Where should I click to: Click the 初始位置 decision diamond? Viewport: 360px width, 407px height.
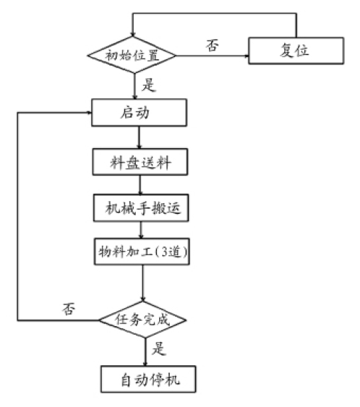click(134, 55)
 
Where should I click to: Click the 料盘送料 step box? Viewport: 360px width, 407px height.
click(140, 162)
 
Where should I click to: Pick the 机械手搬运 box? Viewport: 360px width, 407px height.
click(141, 208)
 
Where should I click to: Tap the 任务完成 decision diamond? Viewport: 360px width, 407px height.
click(143, 319)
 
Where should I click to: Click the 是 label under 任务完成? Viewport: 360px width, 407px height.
click(160, 350)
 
